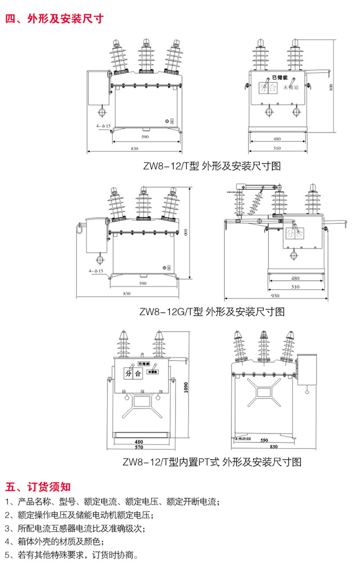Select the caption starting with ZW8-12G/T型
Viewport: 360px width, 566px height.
point(212,312)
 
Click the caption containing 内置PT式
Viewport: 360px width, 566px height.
point(212,462)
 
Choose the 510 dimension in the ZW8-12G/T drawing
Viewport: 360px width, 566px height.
point(295,287)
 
